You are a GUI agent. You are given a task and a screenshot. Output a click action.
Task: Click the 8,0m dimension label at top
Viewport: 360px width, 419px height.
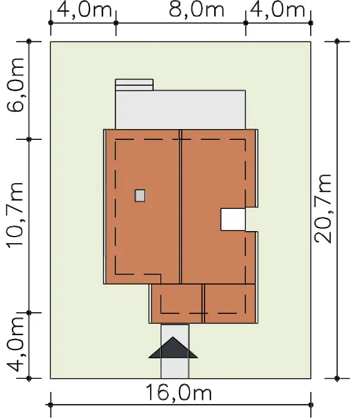[x=197, y=10]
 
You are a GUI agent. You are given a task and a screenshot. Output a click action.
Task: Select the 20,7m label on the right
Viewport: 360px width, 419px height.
[x=323, y=209]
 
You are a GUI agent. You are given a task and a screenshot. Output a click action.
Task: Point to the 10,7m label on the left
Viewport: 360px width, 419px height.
[x=16, y=216]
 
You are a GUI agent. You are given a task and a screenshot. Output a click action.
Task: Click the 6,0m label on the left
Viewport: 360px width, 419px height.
[x=16, y=85]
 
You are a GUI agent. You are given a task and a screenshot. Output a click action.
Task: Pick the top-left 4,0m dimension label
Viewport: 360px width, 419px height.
[x=84, y=10]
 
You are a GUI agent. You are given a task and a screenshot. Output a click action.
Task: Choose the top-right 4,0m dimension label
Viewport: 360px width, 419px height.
[x=278, y=10]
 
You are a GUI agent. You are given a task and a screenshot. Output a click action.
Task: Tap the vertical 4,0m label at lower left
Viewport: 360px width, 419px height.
[x=16, y=345]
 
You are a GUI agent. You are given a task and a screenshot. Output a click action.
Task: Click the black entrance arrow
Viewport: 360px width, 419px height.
[x=173, y=348]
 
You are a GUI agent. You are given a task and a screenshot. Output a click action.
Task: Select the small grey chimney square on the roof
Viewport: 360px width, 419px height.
[x=140, y=196]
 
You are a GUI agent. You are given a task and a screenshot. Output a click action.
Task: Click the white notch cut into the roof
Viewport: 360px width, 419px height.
[x=233, y=219]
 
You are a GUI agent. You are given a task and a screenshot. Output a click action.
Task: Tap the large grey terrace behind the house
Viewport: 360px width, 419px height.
[x=181, y=110]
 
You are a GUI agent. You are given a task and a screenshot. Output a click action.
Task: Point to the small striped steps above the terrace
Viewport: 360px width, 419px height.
[x=134, y=85]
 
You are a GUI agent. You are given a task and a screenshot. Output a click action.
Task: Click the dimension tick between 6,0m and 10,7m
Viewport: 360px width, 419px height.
[x=29, y=139]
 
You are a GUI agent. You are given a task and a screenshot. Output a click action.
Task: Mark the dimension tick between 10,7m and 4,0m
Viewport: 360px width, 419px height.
[x=29, y=312]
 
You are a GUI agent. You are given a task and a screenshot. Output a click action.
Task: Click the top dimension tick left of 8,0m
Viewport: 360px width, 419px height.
[x=116, y=23]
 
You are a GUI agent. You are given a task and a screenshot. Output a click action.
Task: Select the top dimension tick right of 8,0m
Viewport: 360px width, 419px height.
[x=245, y=23]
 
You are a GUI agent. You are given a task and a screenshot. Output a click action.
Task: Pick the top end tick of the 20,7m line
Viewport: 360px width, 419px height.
[x=337, y=41]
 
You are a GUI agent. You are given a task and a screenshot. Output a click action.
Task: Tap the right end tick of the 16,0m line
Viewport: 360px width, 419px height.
[x=311, y=405]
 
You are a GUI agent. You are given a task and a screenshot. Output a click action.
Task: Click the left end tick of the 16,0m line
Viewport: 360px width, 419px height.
[x=51, y=405]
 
